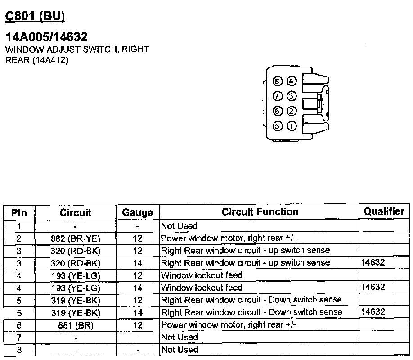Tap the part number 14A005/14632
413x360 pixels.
[x=46, y=37]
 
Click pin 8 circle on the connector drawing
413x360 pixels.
[x=278, y=81]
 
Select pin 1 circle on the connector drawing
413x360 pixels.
[x=292, y=126]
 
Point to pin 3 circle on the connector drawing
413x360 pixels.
[x=292, y=96]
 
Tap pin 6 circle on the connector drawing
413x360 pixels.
[x=278, y=111]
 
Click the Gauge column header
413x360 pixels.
[x=138, y=212]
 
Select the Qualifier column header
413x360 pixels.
[x=384, y=211]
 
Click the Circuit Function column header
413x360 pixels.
[x=260, y=211]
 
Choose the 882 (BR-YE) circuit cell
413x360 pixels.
[x=76, y=238]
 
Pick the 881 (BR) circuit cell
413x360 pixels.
[x=76, y=324]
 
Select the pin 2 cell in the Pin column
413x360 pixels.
[x=19, y=238]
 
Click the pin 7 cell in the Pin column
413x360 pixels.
[x=19, y=337]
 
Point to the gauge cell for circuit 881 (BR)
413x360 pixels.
[x=138, y=324]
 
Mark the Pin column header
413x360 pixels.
[x=19, y=212]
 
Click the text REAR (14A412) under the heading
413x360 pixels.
[x=36, y=60]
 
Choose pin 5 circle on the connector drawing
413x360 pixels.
[x=278, y=126]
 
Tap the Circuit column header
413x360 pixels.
[x=76, y=212]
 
